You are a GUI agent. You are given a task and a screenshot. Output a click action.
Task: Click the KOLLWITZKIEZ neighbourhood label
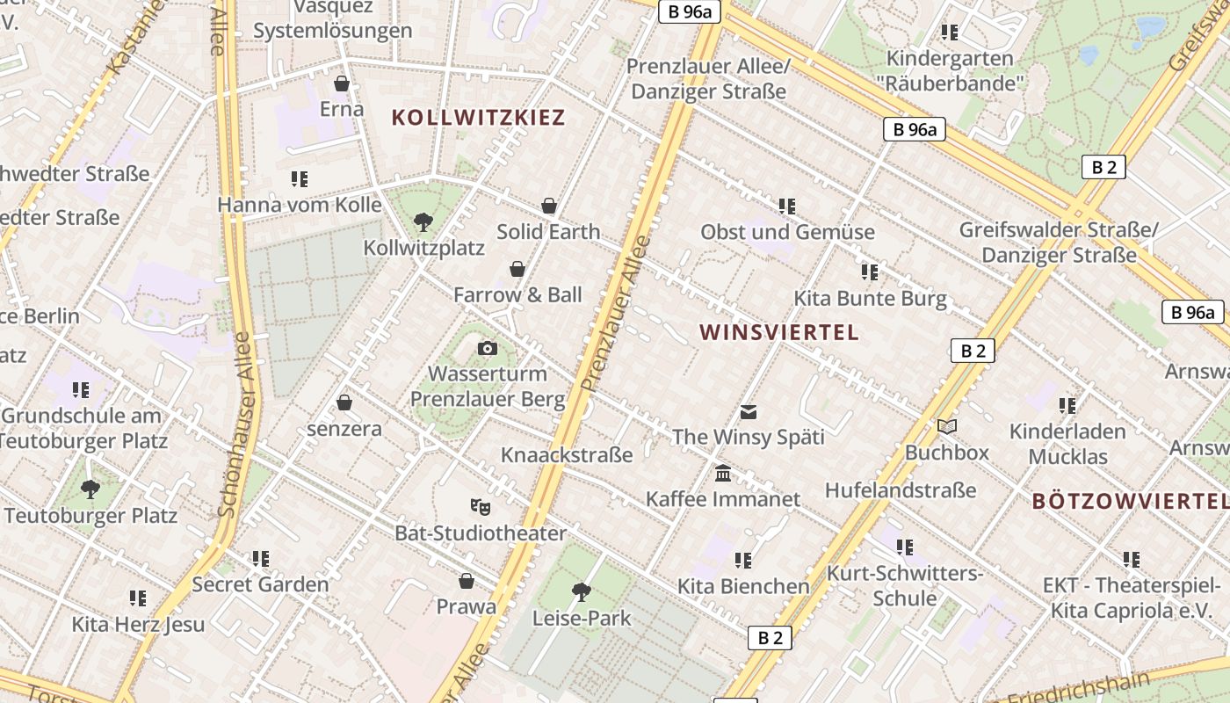coord(478,118)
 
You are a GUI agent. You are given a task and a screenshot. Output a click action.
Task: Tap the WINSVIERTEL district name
coord(778,332)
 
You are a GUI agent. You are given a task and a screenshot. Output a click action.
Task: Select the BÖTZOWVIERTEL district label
coord(1130,501)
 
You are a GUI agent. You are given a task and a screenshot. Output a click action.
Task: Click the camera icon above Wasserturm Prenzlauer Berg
coord(488,349)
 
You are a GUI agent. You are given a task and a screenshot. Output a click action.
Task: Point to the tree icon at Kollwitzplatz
coord(423,221)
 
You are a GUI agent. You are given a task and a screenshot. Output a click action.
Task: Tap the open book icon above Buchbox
coord(946,426)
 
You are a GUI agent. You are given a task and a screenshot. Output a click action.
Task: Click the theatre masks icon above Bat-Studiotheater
coord(480,507)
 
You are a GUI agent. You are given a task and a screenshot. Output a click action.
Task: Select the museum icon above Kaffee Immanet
coord(723,474)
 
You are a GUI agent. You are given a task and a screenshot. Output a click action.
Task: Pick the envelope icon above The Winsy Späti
coord(749,411)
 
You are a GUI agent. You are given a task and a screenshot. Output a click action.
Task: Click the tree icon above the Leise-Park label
coord(581,591)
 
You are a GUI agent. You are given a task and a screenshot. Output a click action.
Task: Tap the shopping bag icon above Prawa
coord(467,581)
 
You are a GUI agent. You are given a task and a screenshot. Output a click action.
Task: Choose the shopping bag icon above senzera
coord(344,402)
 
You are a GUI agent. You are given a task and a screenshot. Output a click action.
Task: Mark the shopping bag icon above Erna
coord(342,83)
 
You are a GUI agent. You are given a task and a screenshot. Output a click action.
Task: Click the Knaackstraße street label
coord(567,455)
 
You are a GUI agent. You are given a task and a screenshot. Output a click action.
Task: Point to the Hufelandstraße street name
coord(901,490)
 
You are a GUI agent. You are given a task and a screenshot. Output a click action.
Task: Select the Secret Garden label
coord(260,584)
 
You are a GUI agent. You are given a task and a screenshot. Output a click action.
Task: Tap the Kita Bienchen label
coord(743,586)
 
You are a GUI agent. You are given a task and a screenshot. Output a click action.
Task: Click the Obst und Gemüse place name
coord(787,232)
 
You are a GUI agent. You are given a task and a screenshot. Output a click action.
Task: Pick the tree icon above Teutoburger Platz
coord(90,489)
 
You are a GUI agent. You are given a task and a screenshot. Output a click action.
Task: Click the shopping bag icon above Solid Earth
coord(549,206)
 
